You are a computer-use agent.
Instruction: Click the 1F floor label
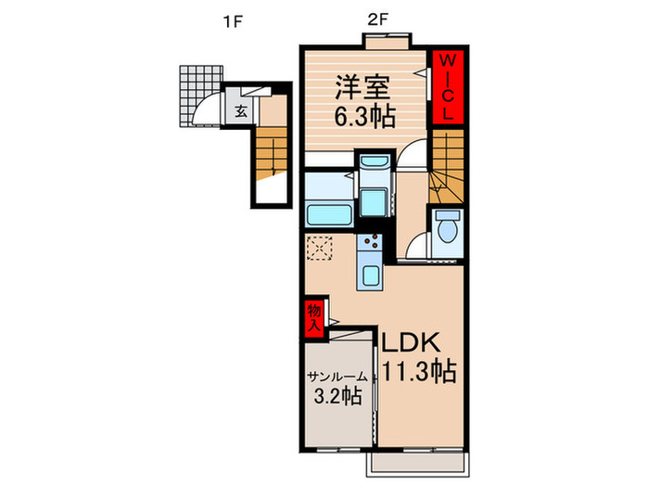232,21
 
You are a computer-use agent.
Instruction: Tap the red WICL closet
448,87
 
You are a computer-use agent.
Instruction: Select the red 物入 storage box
314,317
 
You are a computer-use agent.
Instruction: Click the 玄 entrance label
241,111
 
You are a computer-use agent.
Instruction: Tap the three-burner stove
371,242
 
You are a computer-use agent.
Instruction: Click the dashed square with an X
320,248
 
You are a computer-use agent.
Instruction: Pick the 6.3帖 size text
364,116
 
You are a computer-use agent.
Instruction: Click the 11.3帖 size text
418,371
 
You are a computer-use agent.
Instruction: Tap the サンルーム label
337,377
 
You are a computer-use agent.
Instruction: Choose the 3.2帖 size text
338,396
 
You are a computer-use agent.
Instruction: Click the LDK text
410,343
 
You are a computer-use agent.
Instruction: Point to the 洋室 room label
363,87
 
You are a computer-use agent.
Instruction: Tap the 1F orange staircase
271,154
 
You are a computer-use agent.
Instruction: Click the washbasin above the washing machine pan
375,161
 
